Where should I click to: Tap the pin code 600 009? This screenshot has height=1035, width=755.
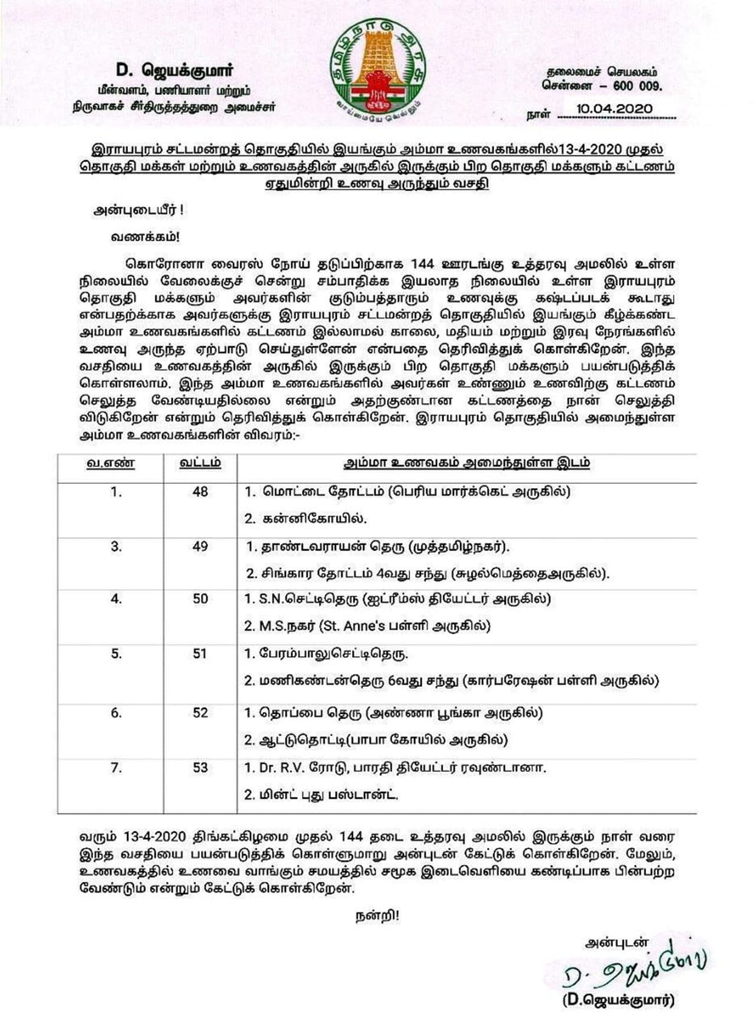tap(638, 86)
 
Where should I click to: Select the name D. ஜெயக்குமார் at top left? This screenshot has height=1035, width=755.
tap(174, 70)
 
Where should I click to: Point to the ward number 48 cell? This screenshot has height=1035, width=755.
tap(200, 492)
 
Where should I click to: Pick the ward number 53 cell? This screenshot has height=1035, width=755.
tap(200, 768)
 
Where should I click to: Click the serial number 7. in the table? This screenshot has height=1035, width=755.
tap(116, 768)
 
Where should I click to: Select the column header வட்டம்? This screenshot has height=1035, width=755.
tap(200, 463)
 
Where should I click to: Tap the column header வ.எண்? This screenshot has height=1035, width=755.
tap(111, 463)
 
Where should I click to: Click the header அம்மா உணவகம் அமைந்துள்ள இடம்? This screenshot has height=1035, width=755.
tap(467, 463)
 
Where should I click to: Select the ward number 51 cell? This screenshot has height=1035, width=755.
tap(200, 654)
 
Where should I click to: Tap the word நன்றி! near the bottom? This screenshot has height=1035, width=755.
tap(377, 916)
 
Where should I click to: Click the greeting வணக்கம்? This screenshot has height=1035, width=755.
tap(145, 237)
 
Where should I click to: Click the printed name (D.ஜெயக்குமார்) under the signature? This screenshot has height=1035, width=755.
tap(618, 1001)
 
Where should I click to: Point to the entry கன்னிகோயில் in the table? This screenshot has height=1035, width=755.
tap(313, 519)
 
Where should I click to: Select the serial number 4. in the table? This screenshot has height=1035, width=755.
tap(116, 599)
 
